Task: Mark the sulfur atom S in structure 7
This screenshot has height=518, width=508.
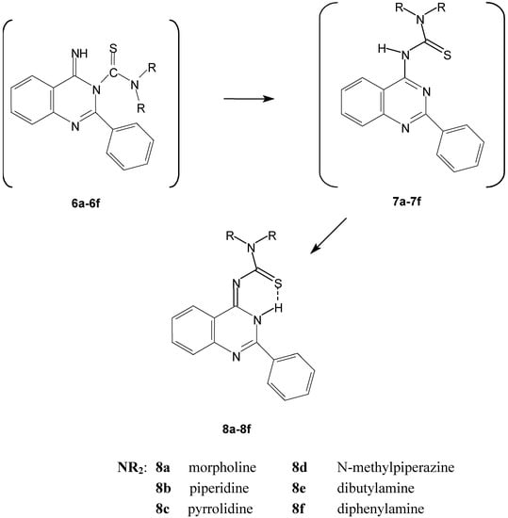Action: [x=438, y=84]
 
